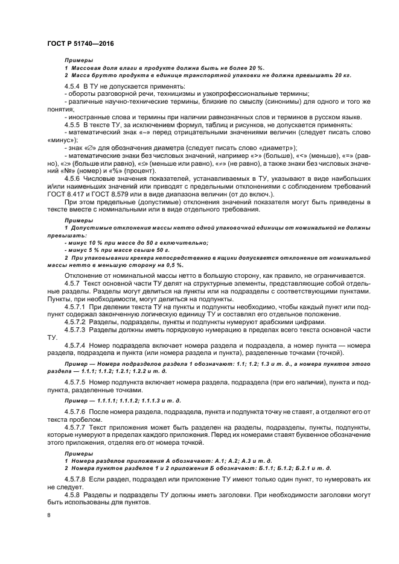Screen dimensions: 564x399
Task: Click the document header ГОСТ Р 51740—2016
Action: [x=80, y=44]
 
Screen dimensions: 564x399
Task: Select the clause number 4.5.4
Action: [x=74, y=87]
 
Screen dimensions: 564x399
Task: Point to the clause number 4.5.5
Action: [x=74, y=123]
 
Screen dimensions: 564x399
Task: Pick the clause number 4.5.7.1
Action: [x=77, y=306]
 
